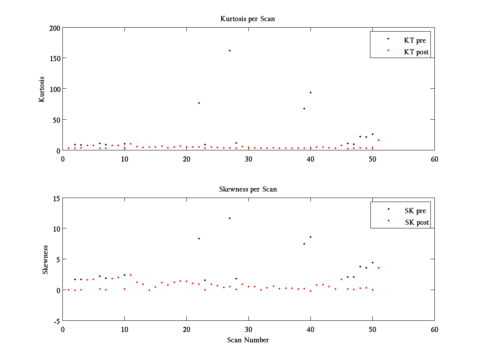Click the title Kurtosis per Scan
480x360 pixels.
click(248, 19)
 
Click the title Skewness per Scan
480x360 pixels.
click(248, 189)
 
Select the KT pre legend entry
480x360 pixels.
click(415, 40)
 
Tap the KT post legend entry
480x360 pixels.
click(416, 52)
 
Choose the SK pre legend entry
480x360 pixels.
click(415, 211)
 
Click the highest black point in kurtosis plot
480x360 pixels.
click(230, 50)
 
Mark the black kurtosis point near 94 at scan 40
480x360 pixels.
click(310, 92)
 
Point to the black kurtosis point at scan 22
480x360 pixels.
click(199, 103)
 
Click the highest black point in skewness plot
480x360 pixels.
click(230, 218)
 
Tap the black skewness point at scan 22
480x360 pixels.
click(199, 238)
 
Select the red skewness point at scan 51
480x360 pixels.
click(378, 268)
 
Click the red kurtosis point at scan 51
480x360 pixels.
click(378, 140)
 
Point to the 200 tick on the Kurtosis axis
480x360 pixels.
click(55, 28)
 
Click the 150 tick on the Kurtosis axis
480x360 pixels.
click(55, 58)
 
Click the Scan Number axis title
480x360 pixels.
click(248, 340)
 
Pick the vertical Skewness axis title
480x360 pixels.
click(45, 260)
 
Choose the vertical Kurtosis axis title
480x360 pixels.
click(42, 89)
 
